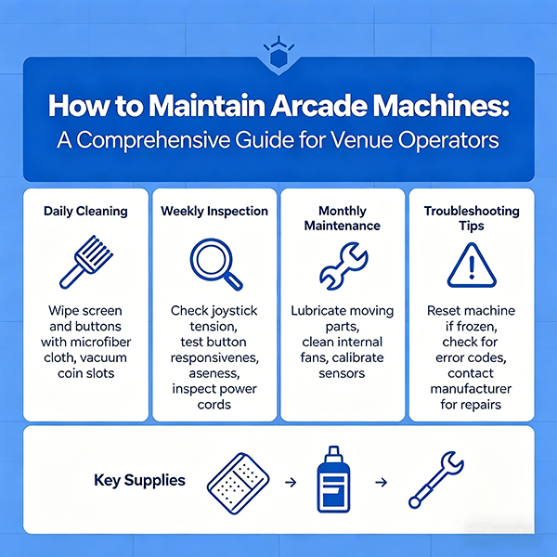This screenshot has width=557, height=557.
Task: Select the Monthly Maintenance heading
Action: coord(343,219)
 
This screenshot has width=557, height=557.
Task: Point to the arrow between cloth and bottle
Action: coord(289,483)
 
